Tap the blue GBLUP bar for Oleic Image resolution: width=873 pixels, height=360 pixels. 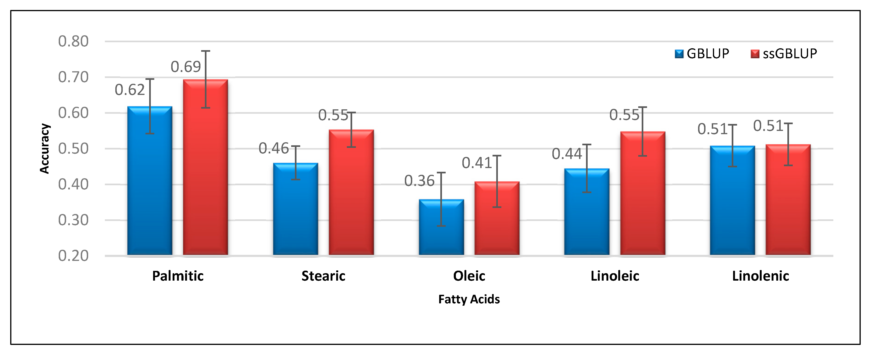[x=441, y=230]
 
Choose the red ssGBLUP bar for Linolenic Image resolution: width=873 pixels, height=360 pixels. [x=788, y=203]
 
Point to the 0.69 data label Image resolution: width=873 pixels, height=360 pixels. [x=186, y=67]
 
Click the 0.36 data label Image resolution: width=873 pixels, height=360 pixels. [x=419, y=181]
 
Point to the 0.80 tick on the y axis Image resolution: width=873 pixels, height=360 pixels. [x=73, y=41]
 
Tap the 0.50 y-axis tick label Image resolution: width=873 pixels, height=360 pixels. [x=73, y=149]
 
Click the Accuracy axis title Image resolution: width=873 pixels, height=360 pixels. [x=44, y=149]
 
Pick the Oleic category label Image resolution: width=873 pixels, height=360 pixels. [x=469, y=276]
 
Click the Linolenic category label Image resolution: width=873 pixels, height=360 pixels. [x=760, y=276]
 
